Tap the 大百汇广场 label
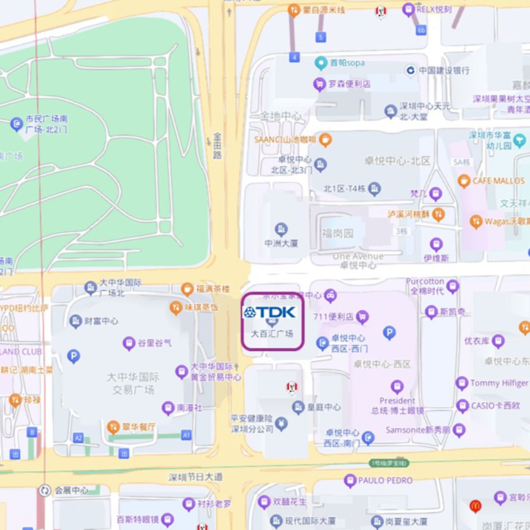[x=272, y=334]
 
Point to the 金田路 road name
[x=217, y=145]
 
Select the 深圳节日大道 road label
[x=195, y=476]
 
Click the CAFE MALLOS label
[x=498, y=181]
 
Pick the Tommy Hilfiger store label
[x=499, y=383]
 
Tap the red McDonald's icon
[x=475, y=505]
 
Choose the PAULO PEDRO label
[x=385, y=480]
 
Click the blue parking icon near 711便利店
[x=389, y=332]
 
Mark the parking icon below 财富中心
[x=74, y=357]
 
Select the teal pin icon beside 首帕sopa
[x=320, y=64]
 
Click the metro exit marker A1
[x=186, y=435]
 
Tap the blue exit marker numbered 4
[x=294, y=58]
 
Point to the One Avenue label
[x=358, y=256]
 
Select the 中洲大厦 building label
[x=281, y=243]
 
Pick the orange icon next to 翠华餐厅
[x=113, y=428]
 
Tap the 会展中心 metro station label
[x=71, y=490]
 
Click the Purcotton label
[x=425, y=281]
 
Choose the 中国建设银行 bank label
[x=444, y=70]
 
